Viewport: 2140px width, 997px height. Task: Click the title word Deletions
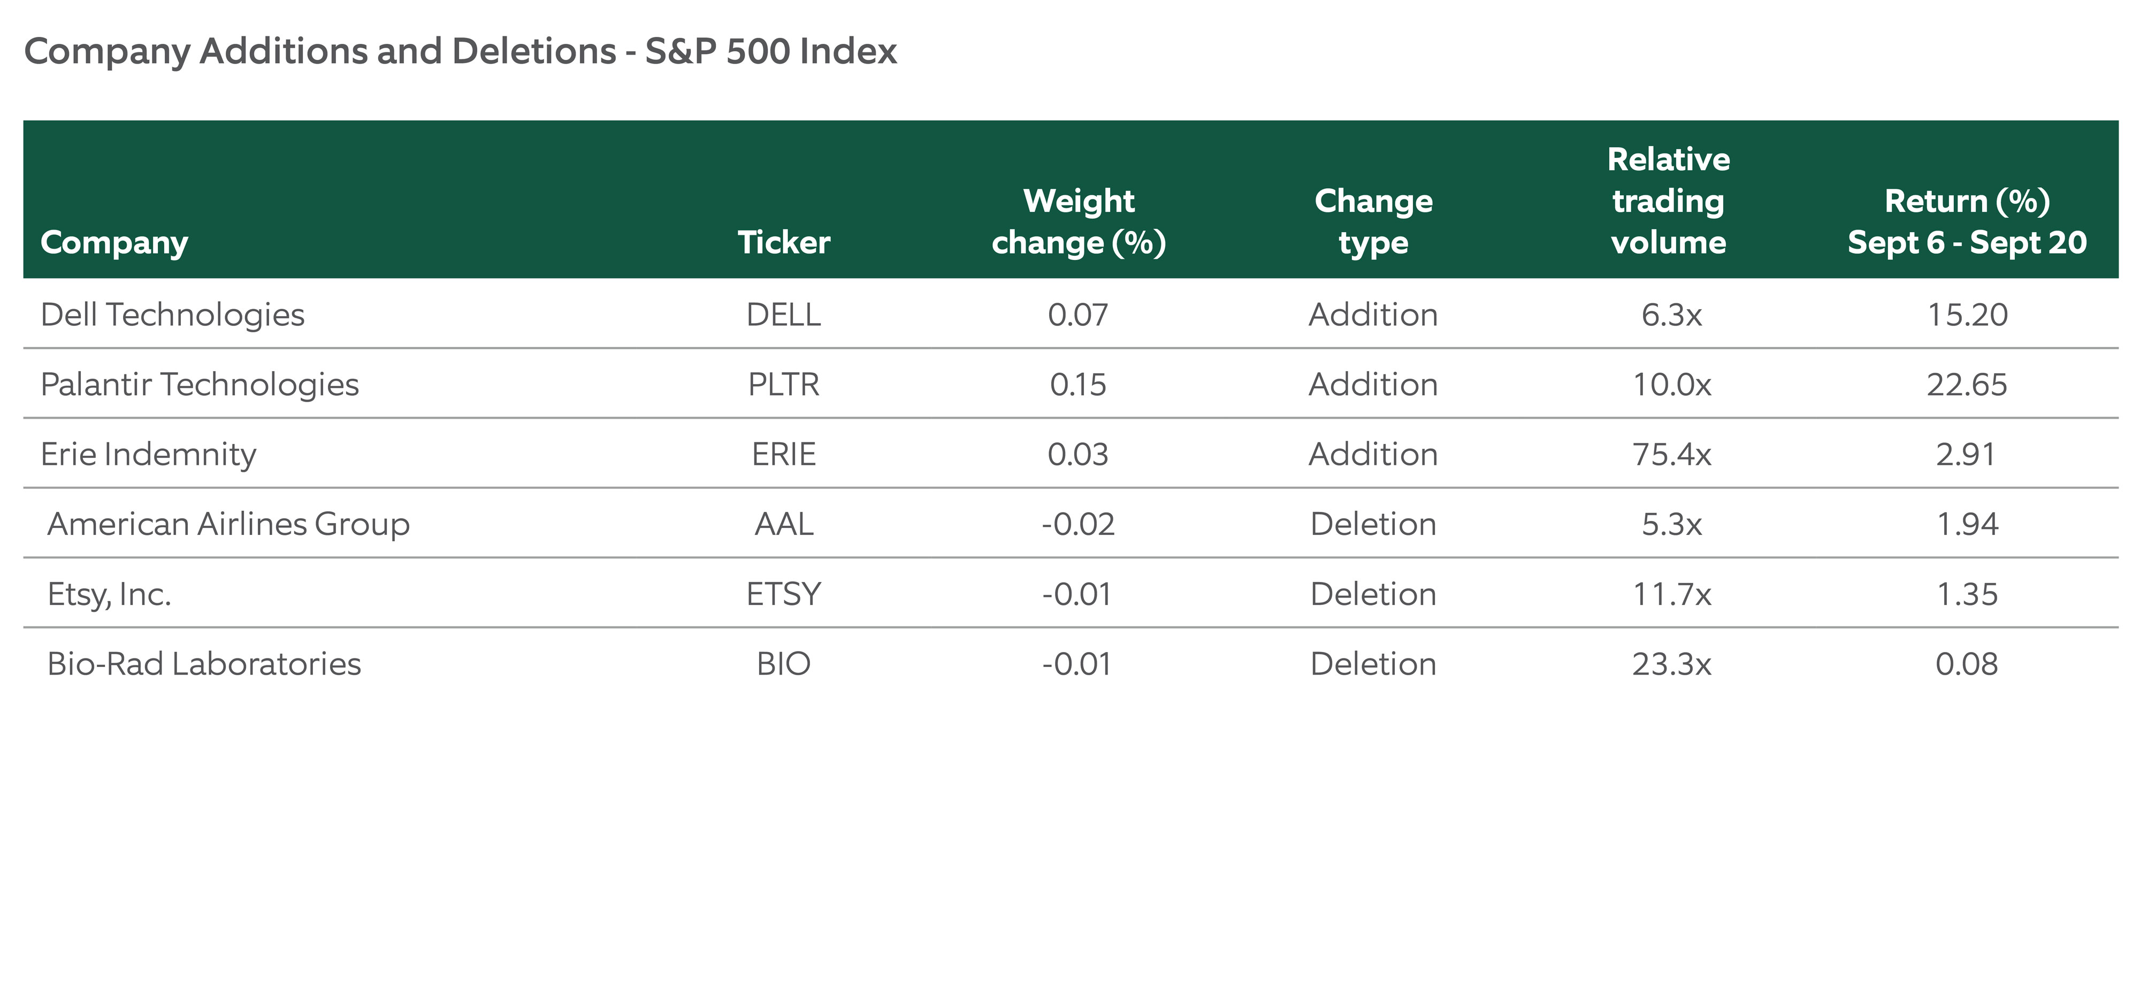(x=533, y=51)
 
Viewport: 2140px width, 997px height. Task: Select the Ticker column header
(x=783, y=242)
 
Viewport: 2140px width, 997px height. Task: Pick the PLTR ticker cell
(x=783, y=384)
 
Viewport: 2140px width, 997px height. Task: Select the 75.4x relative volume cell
(x=1671, y=454)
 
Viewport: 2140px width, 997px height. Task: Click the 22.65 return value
(x=1966, y=384)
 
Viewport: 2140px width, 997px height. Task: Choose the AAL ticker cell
(x=783, y=524)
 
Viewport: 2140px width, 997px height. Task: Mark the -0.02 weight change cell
(x=1077, y=524)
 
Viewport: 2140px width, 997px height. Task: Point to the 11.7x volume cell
(x=1671, y=593)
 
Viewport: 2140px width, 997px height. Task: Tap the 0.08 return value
(x=1966, y=663)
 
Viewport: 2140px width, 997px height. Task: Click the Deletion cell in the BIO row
(x=1373, y=663)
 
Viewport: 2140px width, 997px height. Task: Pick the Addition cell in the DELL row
(x=1373, y=314)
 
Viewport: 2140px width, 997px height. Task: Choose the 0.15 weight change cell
(x=1077, y=384)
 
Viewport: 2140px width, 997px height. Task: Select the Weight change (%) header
(x=1079, y=221)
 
